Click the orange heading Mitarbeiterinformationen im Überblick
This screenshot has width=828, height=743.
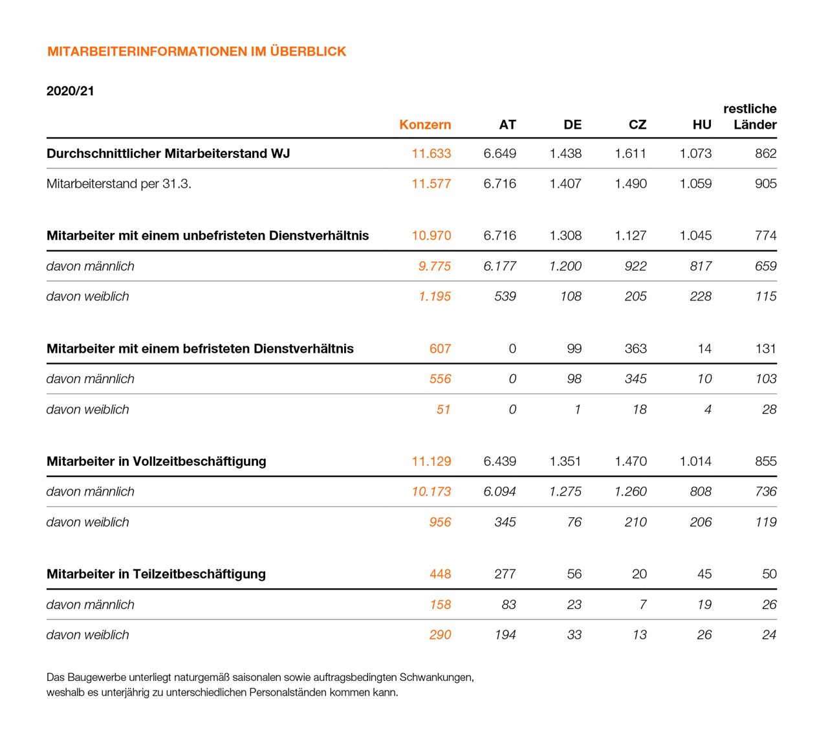[x=197, y=52]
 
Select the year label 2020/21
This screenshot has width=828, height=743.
[x=70, y=91]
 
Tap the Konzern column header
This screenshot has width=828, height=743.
[x=425, y=125]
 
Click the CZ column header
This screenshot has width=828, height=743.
[x=637, y=125]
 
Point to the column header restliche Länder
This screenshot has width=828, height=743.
[x=750, y=116]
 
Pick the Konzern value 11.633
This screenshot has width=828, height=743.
[x=431, y=154]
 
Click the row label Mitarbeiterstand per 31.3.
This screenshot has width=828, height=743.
[x=119, y=184]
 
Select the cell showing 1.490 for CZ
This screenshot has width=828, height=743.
[x=631, y=184]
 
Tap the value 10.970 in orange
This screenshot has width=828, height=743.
[x=431, y=236]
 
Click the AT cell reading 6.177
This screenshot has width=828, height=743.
[x=500, y=266]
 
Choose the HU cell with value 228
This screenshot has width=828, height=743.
[x=701, y=296]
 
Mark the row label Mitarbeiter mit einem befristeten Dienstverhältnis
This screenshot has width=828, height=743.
[x=200, y=349]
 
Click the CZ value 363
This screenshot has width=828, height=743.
[x=636, y=349]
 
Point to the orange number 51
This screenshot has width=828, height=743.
[x=443, y=410]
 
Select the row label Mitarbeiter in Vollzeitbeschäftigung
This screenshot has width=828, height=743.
[x=157, y=461]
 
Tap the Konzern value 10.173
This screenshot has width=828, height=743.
[x=431, y=492]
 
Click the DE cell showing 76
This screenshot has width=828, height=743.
[x=574, y=522]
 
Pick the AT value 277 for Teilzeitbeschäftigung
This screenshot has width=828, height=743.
[x=505, y=574]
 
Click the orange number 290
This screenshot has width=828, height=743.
[x=440, y=635]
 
